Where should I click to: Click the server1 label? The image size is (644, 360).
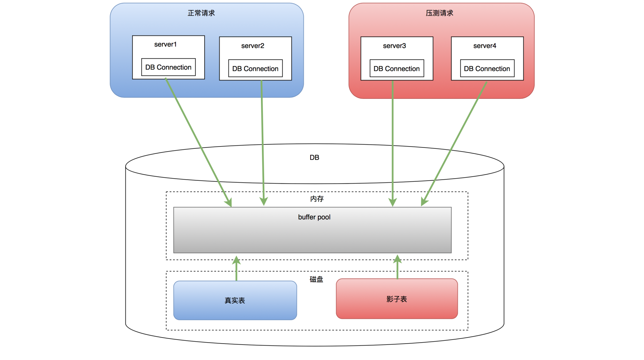coord(165,44)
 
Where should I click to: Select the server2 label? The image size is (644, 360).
coord(253,46)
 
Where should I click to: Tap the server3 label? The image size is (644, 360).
coord(394,46)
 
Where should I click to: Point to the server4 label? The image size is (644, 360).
coord(485,46)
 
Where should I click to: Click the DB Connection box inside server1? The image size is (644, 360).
coord(168,67)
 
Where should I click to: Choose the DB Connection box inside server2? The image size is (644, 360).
coord(256,68)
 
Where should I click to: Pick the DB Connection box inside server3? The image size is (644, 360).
coord(397,68)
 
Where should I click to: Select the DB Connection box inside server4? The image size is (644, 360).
coord(487,68)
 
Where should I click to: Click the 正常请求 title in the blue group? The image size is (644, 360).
coord(201,13)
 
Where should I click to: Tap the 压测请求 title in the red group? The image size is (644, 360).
coord(439,13)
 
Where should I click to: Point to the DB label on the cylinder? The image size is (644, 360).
coord(314,158)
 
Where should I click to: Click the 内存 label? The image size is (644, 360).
coord(317,199)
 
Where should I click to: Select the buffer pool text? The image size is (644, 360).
coord(314,217)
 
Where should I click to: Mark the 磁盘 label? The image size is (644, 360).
coord(316,279)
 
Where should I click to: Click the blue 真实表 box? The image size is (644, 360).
coord(235,300)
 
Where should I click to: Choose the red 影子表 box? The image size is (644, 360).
coord(397,299)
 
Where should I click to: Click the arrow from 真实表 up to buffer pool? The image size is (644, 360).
coord(236,268)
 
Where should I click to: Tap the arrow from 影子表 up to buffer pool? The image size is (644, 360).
coord(397,267)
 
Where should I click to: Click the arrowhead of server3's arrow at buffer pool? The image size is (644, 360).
coord(392,202)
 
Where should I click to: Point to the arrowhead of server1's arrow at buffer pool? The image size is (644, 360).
coord(229,202)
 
